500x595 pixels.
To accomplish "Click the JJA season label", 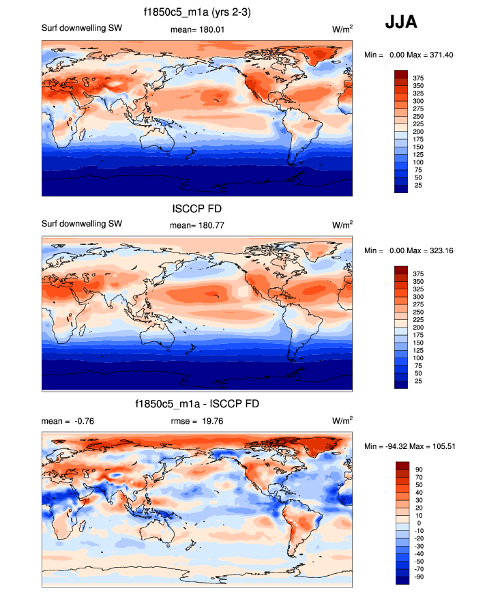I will pos(401,23).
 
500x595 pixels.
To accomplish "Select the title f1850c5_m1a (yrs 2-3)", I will pos(197,12).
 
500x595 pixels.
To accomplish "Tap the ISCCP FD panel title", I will pos(196,209).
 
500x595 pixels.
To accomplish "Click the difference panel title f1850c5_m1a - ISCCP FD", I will pos(197,405).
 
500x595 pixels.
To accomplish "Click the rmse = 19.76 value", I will pos(197,421).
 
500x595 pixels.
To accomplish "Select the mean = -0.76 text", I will pos(68,421).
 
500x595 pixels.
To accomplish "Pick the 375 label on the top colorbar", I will pos(419,78).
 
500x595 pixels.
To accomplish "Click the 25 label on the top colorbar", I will pos(417,185).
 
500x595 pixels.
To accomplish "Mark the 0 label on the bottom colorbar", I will pos(416,523).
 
